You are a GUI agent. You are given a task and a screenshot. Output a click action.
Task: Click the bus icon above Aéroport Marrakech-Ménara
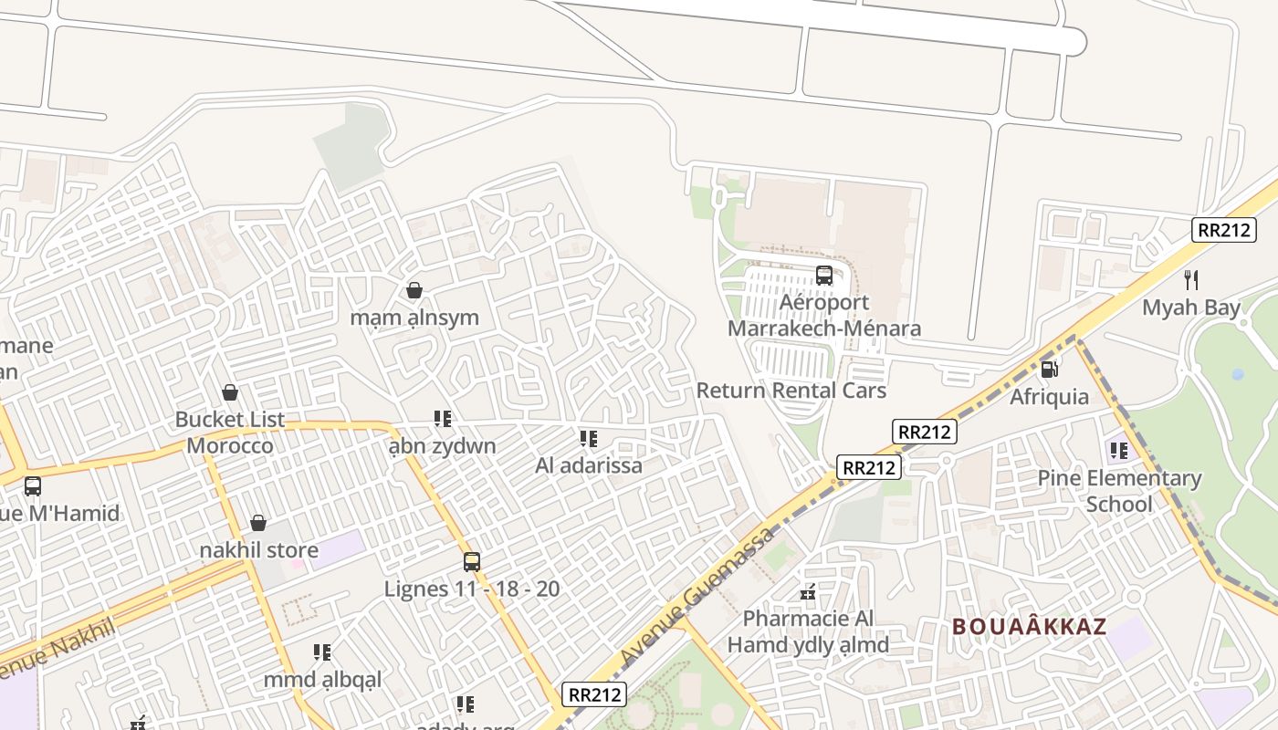[823, 275]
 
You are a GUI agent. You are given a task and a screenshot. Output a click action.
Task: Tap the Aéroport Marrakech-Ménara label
[824, 315]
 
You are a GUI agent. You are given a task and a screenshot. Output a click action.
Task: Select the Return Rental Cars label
[791, 391]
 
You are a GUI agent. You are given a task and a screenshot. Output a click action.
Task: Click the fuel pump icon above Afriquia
[1050, 370]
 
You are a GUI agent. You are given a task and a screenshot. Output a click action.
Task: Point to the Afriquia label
[1049, 397]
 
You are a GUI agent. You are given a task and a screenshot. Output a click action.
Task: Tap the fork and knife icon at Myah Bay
[1190, 279]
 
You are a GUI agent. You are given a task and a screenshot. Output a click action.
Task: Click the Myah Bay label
[1191, 308]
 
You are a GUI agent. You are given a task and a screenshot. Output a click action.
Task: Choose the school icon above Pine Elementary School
[1118, 450]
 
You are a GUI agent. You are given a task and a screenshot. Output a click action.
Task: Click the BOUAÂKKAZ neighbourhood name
[1029, 627]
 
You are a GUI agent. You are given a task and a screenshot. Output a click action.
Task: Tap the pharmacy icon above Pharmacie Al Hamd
[807, 592]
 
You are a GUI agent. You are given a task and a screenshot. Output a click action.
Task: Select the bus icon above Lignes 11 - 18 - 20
[471, 561]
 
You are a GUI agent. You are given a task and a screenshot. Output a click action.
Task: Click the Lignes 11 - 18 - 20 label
[472, 589]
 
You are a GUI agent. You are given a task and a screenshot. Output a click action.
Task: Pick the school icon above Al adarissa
[589, 439]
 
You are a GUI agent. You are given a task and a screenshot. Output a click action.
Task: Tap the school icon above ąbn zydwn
[443, 419]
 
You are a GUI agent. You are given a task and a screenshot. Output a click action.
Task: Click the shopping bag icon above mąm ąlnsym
[414, 290]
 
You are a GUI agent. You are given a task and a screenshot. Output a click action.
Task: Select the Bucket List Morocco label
[230, 433]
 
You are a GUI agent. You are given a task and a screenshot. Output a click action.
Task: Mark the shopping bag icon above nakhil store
[258, 523]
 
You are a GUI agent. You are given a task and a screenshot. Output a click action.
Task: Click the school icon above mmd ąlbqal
[322, 652]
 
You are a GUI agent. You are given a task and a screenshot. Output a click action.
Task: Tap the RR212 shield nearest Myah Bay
[1223, 230]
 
